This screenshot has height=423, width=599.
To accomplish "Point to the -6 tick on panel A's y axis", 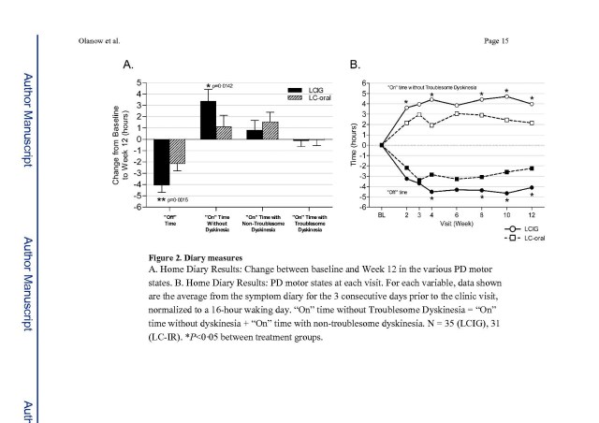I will [139, 206].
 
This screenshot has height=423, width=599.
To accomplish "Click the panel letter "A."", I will [130, 66].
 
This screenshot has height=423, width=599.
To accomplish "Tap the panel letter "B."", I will [355, 66].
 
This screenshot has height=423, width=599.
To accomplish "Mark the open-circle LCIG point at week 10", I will [506, 96].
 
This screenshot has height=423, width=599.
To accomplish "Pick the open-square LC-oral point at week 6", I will [457, 113].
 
